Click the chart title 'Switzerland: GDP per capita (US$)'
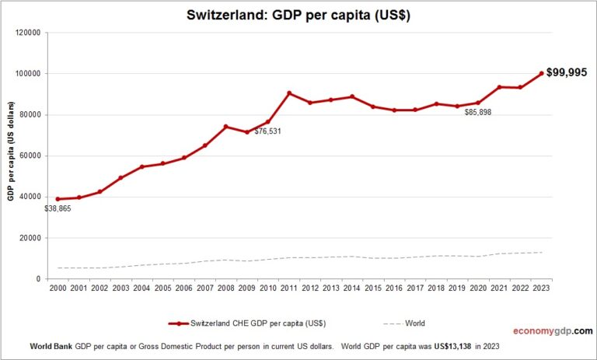[298, 15]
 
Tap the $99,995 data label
[567, 72]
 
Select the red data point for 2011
[289, 93]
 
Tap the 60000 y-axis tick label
[30, 156]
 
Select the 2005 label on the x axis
[162, 287]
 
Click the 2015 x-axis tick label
[374, 287]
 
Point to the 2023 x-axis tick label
[542, 287]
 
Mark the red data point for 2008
[225, 127]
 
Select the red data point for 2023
[542, 74]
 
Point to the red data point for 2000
[58, 199]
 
